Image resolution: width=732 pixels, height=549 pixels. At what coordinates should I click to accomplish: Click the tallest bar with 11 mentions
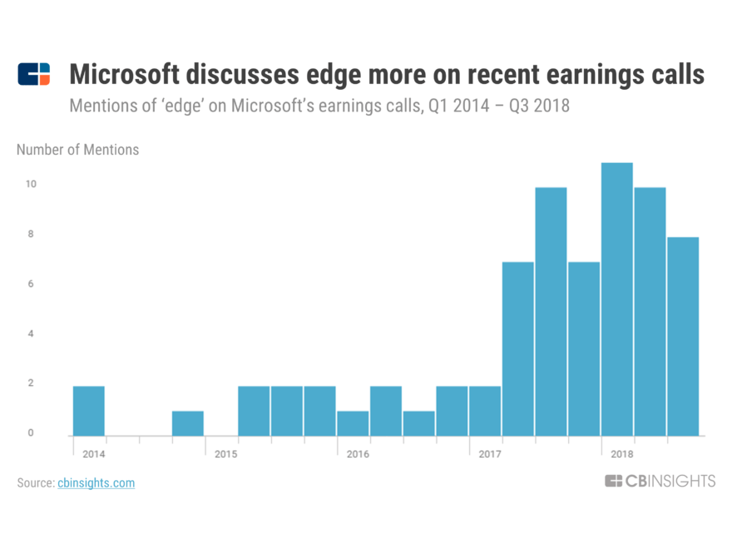[616, 299]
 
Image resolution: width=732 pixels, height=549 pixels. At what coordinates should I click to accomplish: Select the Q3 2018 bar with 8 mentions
[683, 336]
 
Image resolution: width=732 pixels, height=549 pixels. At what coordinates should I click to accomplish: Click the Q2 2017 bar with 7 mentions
[518, 349]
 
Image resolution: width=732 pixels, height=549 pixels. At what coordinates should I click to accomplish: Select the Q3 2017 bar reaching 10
[551, 311]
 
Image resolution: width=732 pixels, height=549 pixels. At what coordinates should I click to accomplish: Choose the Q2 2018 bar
[650, 311]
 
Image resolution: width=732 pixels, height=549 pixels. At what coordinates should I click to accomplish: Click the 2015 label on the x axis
[226, 454]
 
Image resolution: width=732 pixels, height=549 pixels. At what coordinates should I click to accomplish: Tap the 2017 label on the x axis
[491, 454]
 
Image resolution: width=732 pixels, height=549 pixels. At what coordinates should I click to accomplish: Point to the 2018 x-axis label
[622, 454]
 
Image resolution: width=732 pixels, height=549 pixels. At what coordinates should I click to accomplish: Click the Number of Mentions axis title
[78, 150]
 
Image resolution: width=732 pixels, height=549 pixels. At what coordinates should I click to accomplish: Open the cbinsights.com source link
[96, 482]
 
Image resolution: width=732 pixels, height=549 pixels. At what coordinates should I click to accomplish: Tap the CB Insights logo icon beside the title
[33, 74]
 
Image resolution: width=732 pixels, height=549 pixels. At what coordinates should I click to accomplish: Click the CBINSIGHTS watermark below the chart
[660, 481]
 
